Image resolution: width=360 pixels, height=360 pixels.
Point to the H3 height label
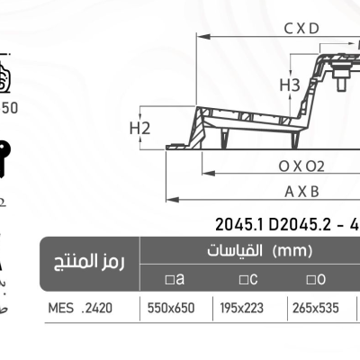(x=289, y=85)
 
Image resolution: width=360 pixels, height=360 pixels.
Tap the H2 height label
(x=139, y=129)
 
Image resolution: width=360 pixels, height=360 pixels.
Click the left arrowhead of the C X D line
(x=200, y=38)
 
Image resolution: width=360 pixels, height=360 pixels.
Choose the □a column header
(x=175, y=279)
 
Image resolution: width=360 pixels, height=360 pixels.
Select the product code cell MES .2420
(x=81, y=307)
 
